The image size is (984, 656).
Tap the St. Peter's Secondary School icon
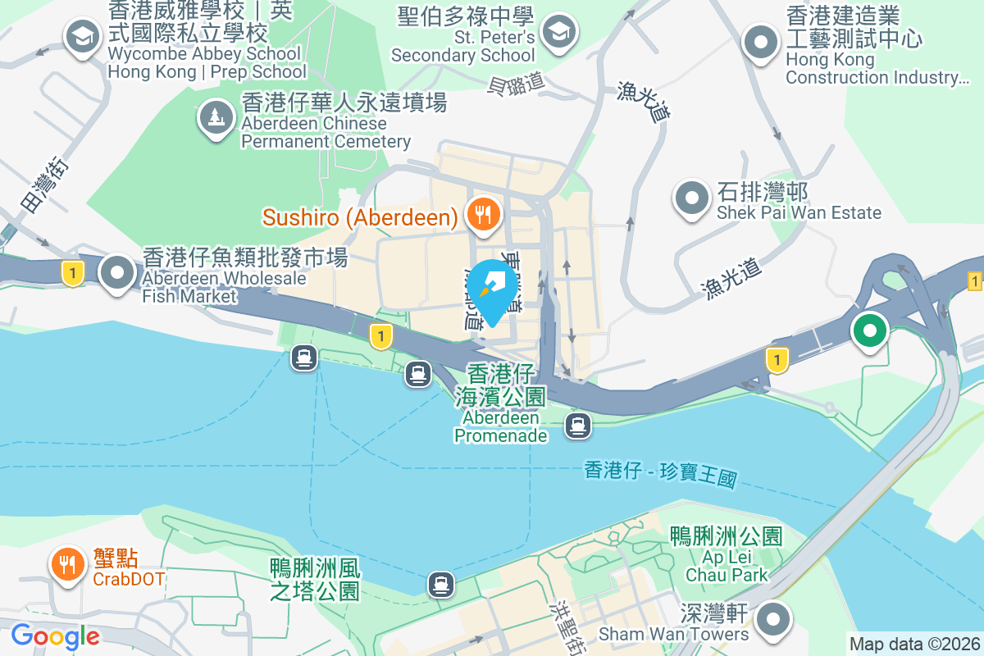(x=561, y=32)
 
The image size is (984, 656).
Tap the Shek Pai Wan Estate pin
(x=691, y=198)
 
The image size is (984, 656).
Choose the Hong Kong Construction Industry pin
(x=760, y=41)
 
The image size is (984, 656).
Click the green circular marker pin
(x=870, y=331)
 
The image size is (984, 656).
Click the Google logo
(x=55, y=635)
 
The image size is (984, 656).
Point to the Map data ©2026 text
(x=913, y=645)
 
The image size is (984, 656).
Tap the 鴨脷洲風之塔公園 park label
(x=316, y=579)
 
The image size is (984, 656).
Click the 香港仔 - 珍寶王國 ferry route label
(x=660, y=473)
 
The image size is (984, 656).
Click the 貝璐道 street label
(x=516, y=83)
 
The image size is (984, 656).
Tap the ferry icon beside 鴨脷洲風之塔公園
(x=441, y=584)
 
